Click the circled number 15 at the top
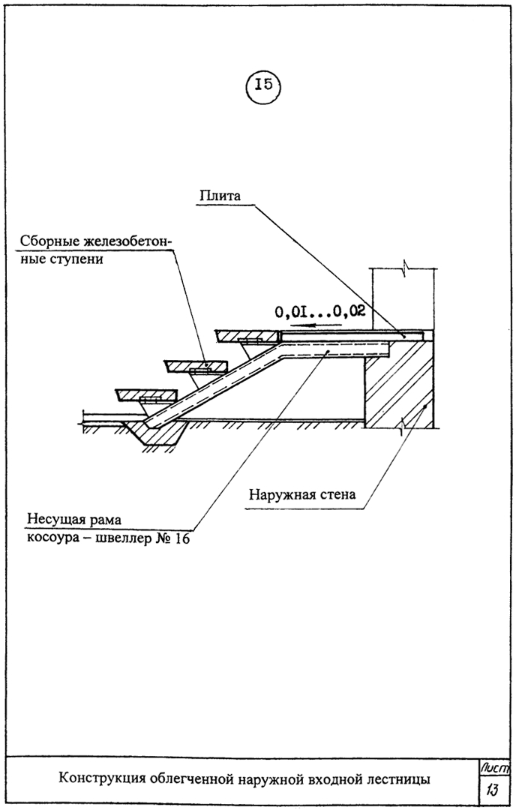(264, 85)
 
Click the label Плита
(220, 196)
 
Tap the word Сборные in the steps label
(46, 241)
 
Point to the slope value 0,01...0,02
(320, 311)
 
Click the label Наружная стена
(302, 495)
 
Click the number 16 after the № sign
(181, 538)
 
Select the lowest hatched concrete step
(147, 395)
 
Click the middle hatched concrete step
(196, 366)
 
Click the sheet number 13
(492, 790)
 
